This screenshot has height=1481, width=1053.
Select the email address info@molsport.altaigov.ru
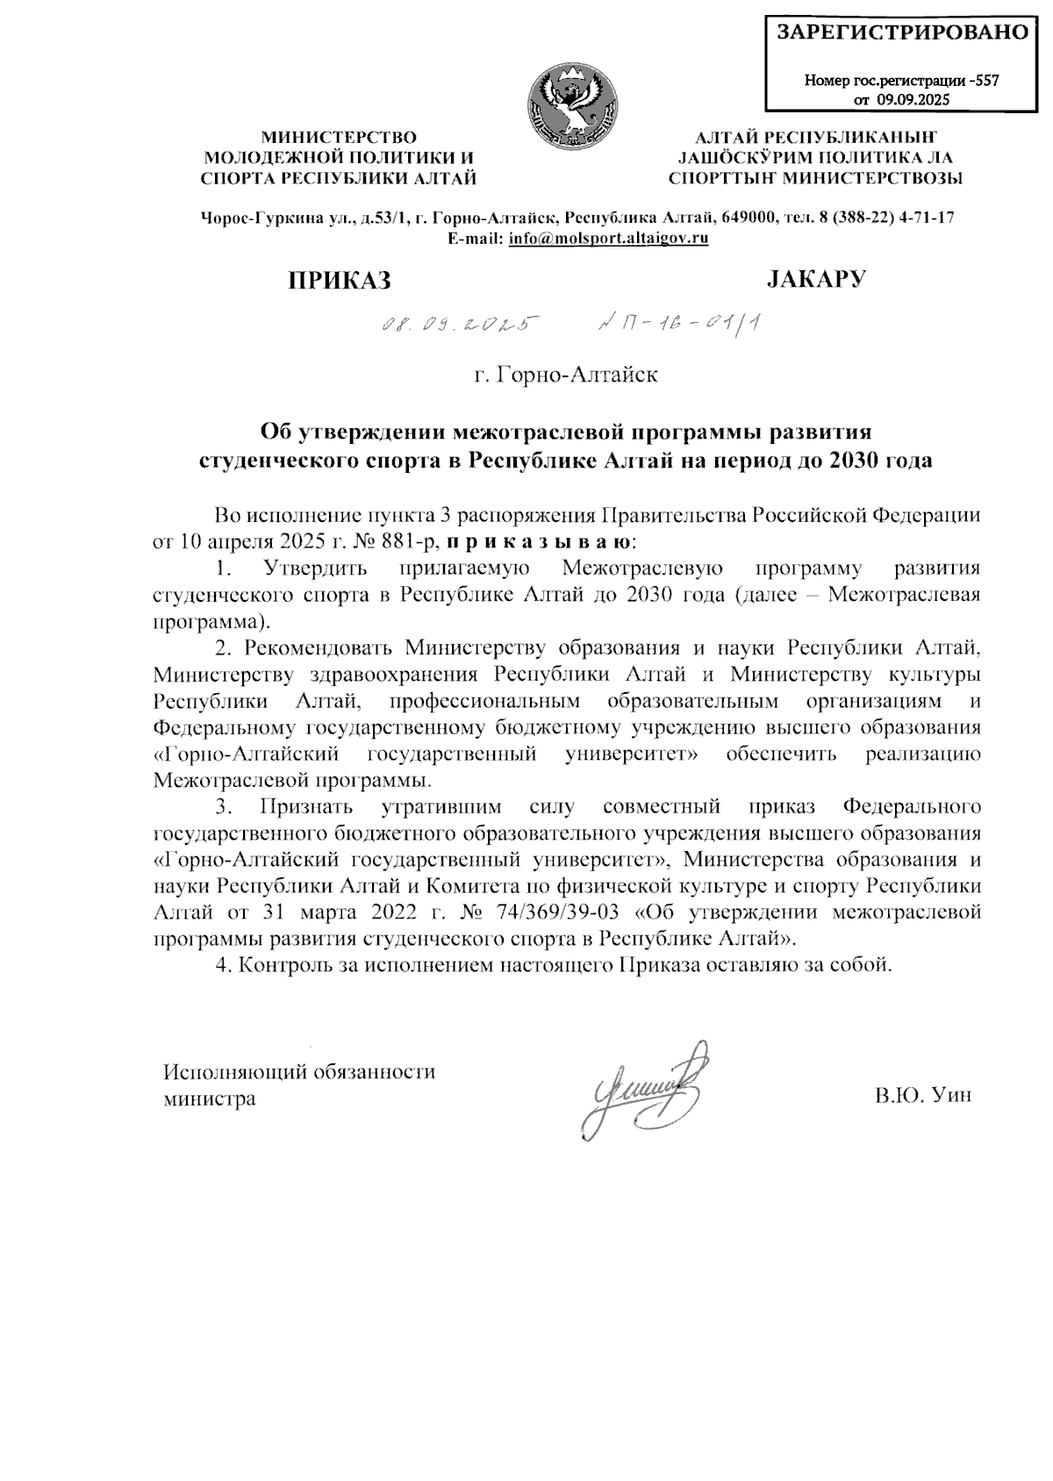608,238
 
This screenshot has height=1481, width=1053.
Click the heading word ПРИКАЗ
339,281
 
